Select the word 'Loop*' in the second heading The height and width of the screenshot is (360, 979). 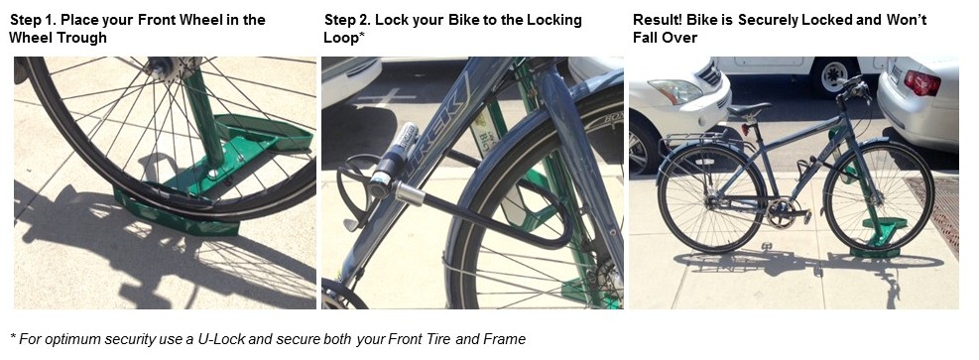pyautogui.click(x=344, y=38)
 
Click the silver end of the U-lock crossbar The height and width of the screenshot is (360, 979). pyautogui.click(x=411, y=193)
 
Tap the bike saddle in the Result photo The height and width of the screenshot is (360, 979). pyautogui.click(x=749, y=110)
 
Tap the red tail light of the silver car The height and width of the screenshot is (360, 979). pyautogui.click(x=922, y=83)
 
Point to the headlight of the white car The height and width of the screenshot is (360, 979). pyautogui.click(x=674, y=91)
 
